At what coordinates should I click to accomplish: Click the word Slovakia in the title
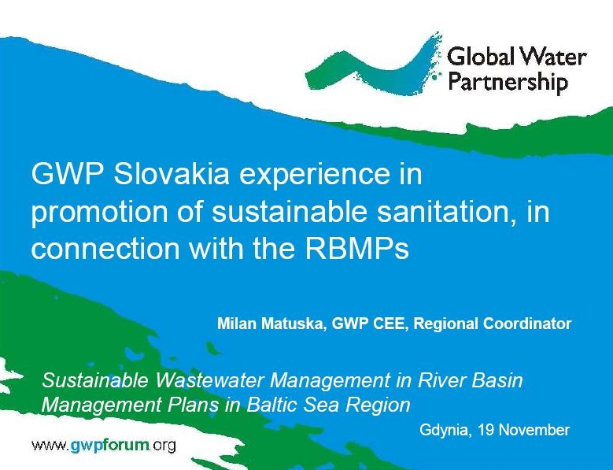[171, 174]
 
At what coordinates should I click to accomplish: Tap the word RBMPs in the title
[356, 249]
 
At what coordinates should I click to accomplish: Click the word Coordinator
[527, 324]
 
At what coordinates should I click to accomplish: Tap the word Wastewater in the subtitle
[211, 380]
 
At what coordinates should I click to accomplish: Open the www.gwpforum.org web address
[104, 446]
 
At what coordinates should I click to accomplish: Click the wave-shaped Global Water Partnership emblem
[373, 66]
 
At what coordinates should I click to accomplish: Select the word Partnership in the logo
[508, 83]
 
